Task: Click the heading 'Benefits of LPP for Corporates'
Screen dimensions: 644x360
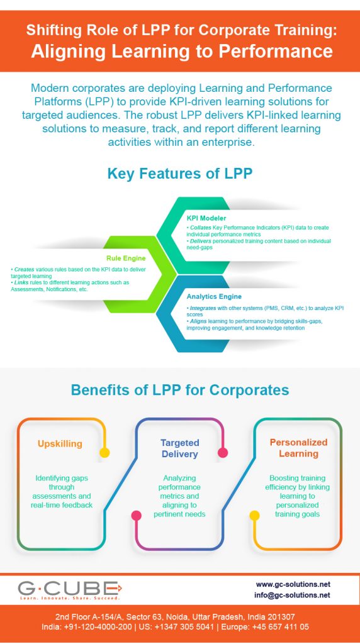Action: [x=180, y=389]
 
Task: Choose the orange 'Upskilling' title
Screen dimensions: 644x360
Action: [x=60, y=443]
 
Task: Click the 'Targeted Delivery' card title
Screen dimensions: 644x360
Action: [x=179, y=448]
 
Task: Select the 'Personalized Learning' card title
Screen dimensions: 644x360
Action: [x=298, y=448]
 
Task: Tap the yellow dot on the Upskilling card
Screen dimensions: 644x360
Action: [x=104, y=452]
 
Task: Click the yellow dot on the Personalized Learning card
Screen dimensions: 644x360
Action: [x=254, y=515]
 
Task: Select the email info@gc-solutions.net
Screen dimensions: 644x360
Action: [x=293, y=595]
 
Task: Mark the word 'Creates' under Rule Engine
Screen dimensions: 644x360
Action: [x=24, y=269]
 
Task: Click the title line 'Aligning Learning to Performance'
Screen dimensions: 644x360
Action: [x=180, y=50]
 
